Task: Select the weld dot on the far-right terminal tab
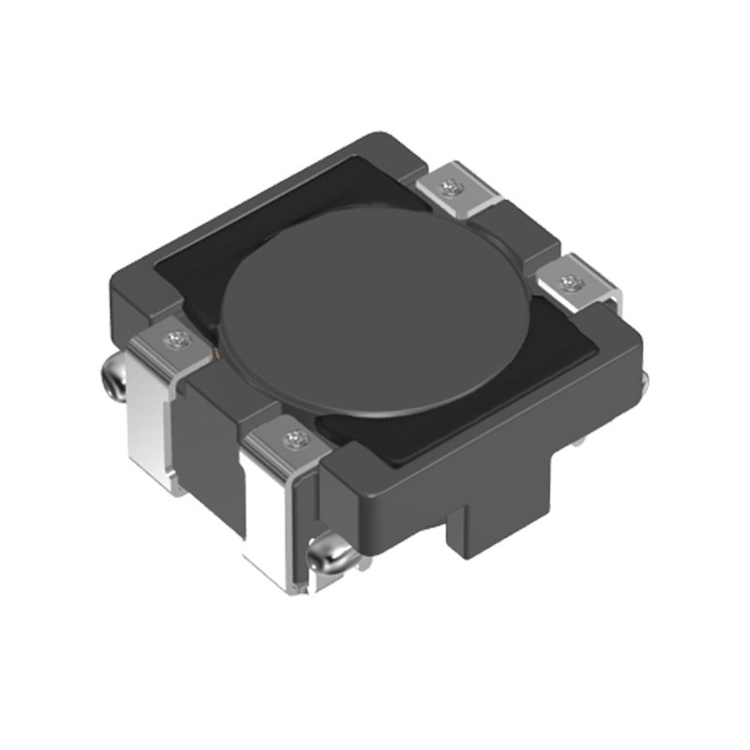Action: (x=566, y=281)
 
